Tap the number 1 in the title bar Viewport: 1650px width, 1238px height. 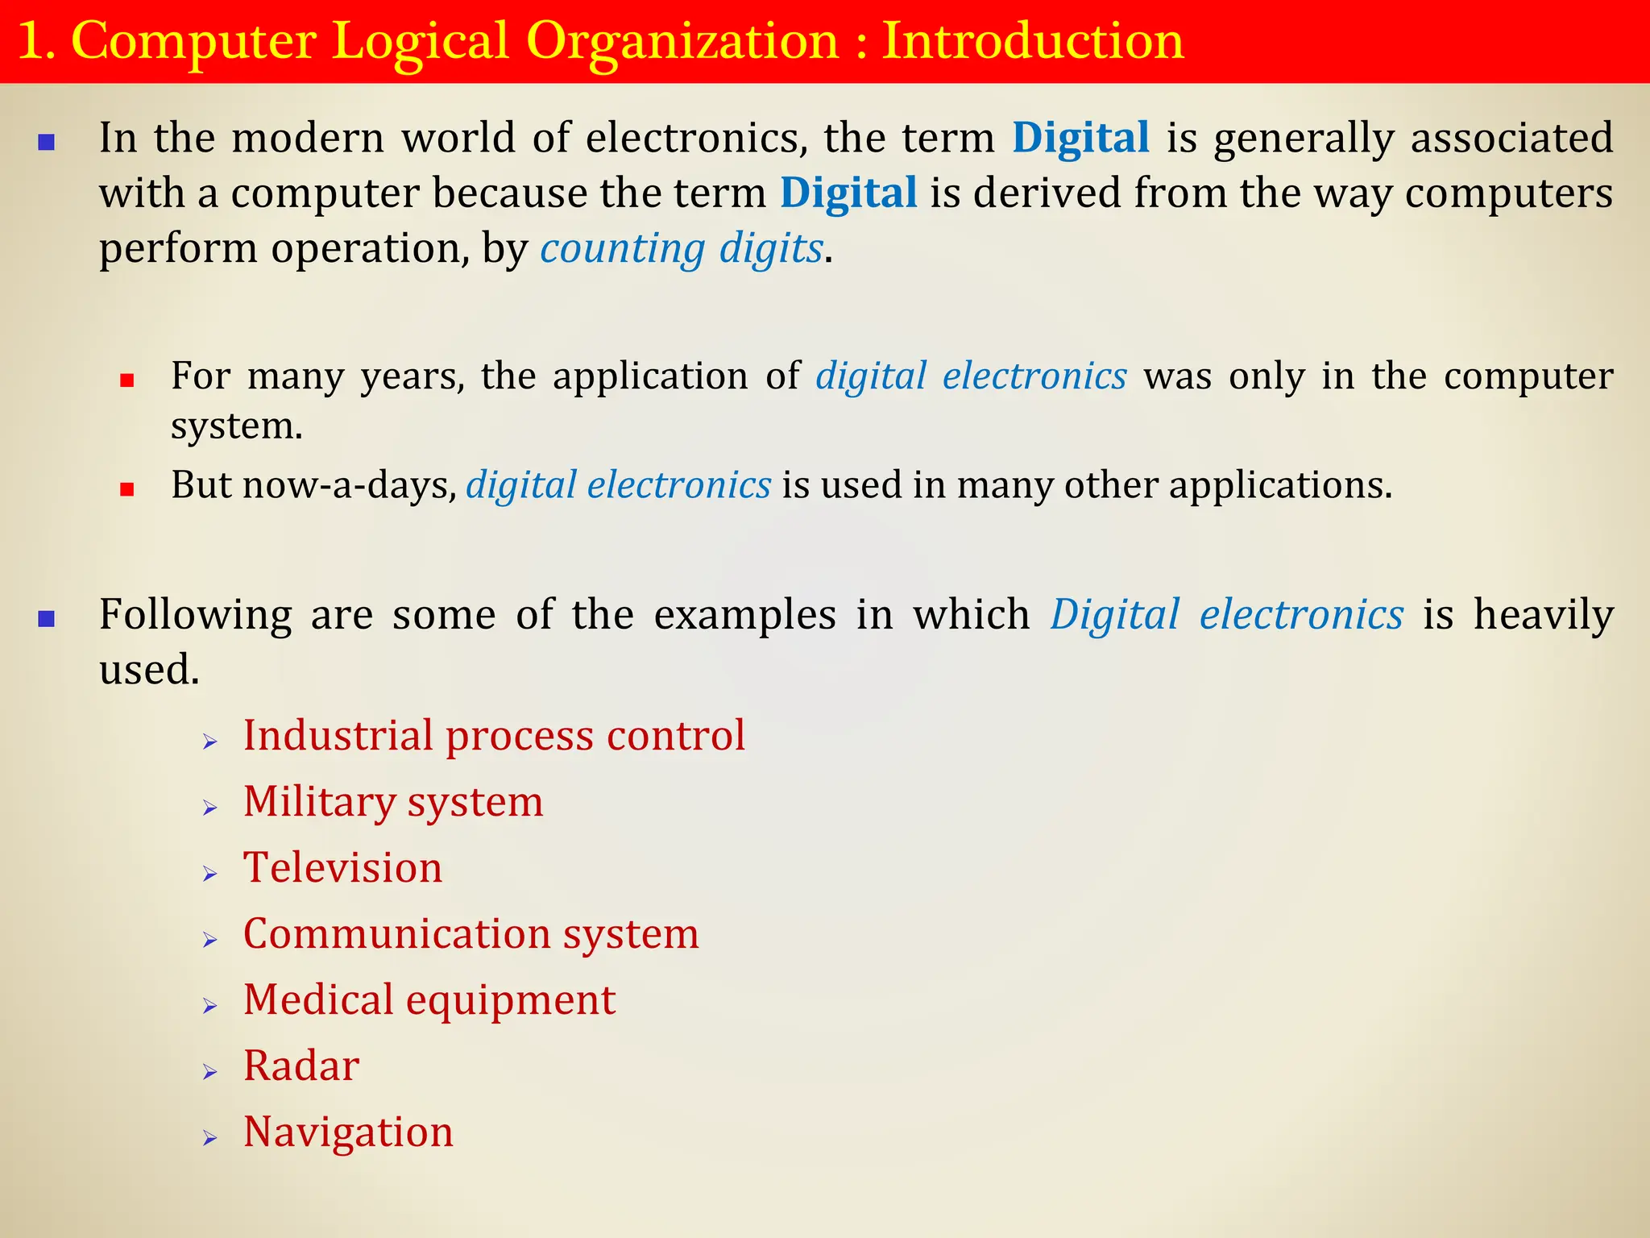coord(31,42)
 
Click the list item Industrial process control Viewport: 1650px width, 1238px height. coord(494,736)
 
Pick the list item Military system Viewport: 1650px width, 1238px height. coord(393,802)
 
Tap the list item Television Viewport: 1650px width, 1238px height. coord(342,868)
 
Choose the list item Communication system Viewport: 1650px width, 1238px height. coord(471,934)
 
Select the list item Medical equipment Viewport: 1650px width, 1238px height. coord(429,1000)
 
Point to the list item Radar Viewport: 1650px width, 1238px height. coord(301,1066)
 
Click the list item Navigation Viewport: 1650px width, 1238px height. coord(348,1132)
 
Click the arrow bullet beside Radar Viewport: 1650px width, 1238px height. coord(210,1072)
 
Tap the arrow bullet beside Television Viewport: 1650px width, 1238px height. coord(210,874)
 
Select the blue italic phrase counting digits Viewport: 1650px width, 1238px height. coord(682,248)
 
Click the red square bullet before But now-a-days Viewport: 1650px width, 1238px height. coord(126,488)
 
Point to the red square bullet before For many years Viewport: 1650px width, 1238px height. coord(126,380)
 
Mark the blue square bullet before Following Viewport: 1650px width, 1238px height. coord(47,619)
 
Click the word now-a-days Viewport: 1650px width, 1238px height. coord(349,485)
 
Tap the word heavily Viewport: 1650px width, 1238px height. coord(1544,616)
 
